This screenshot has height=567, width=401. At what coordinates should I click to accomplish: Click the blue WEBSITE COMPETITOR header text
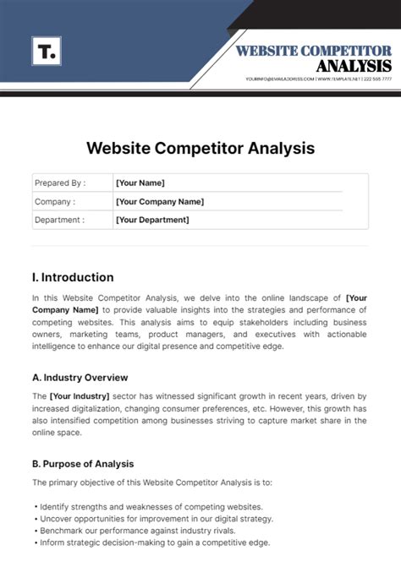tap(314, 51)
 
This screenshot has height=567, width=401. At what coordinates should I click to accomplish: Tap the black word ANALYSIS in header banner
tap(354, 66)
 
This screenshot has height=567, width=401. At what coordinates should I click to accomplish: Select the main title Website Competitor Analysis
tap(200, 148)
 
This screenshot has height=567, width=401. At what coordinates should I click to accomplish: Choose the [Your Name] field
tap(140, 183)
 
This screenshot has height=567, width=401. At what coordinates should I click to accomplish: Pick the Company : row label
tap(54, 201)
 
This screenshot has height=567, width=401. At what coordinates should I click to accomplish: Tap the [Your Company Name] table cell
tap(159, 201)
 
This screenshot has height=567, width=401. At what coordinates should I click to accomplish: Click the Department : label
tap(59, 220)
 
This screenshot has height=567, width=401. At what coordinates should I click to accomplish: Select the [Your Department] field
tap(152, 220)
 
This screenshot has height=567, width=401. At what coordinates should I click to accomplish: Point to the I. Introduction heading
tap(72, 277)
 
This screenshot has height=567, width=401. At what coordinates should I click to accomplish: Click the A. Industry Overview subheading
tap(80, 377)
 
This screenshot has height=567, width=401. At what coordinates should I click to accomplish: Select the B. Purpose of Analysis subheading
tap(83, 464)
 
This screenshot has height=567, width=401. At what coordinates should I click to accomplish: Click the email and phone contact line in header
tap(318, 79)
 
